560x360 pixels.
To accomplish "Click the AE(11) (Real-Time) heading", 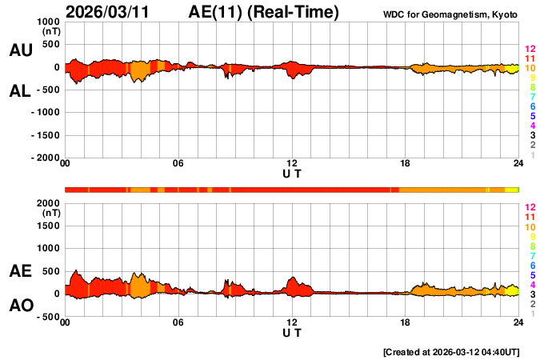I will tap(264, 12).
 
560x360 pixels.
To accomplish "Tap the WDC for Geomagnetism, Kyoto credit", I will tap(452, 14).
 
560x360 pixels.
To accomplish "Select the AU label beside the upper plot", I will tap(21, 50).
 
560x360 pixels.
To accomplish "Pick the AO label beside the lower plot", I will tap(21, 306).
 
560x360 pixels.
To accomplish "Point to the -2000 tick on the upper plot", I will tap(44, 158).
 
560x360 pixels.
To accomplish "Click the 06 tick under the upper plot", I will tap(178, 164).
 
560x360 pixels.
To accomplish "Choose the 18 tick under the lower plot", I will tap(405, 322).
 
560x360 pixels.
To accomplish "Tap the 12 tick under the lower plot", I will tap(292, 322).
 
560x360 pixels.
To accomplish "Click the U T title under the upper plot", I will tap(292, 173).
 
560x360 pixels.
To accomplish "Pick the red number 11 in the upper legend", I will tap(530, 59).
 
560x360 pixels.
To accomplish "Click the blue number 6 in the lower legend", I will tap(532, 266).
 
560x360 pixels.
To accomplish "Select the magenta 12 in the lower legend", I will tap(530, 207).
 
